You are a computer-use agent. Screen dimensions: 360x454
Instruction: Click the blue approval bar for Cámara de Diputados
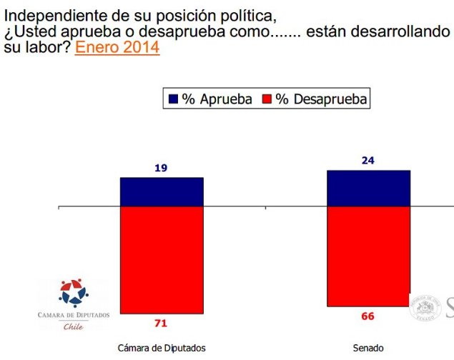pyautogui.click(x=162, y=191)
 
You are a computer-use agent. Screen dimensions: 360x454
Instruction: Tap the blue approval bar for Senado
pyautogui.click(x=368, y=188)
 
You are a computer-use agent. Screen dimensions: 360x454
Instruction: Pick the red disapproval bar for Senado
pyautogui.click(x=368, y=256)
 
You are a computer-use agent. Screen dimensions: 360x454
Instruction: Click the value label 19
pyautogui.click(x=161, y=168)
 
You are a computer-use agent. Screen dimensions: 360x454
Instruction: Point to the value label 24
pyautogui.click(x=367, y=161)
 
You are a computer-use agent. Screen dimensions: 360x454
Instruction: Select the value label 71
pyautogui.click(x=161, y=324)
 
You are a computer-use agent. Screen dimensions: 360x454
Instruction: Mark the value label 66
pyautogui.click(x=367, y=316)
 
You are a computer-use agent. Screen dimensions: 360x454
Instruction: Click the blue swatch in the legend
pyautogui.click(x=172, y=99)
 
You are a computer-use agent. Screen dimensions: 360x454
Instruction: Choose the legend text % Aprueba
pyautogui.click(x=217, y=99)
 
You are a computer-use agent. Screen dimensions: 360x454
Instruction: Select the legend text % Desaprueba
pyautogui.click(x=321, y=99)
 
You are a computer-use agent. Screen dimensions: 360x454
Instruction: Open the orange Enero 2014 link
pyautogui.click(x=117, y=49)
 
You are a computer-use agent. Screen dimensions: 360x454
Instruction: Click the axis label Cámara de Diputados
pyautogui.click(x=162, y=348)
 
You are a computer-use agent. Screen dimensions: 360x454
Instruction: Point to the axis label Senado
pyautogui.click(x=367, y=348)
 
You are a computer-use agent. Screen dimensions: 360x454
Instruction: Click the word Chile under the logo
pyautogui.click(x=74, y=326)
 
